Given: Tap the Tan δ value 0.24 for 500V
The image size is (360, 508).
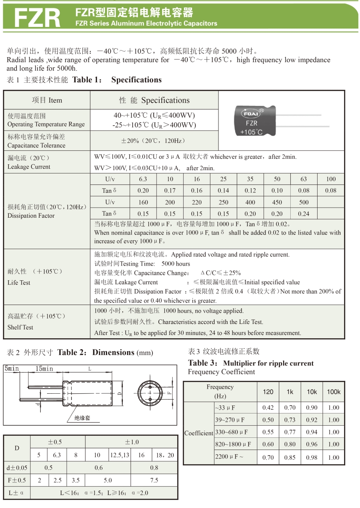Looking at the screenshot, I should pyautogui.click(x=303, y=213).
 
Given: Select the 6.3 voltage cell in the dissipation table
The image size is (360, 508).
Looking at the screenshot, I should pyautogui.click(x=143, y=179).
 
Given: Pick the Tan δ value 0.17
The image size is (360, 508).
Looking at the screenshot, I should pyautogui.click(x=170, y=190).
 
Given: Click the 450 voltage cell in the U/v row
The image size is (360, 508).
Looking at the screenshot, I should pyautogui.click(x=277, y=202).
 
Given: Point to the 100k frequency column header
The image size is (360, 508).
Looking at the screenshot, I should pyautogui.click(x=334, y=392).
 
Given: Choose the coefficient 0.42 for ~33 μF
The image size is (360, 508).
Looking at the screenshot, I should pyautogui.click(x=268, y=407).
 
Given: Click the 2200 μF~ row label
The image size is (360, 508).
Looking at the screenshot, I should pyautogui.click(x=229, y=457).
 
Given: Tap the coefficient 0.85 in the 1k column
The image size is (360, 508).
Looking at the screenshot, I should pyautogui.click(x=290, y=457).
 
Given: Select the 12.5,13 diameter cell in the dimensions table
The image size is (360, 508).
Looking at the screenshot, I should pyautogui.click(x=120, y=455).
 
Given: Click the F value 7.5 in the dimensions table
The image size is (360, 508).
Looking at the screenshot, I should pyautogui.click(x=154, y=480).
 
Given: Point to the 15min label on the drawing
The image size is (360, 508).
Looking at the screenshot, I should pyautogui.click(x=44, y=368).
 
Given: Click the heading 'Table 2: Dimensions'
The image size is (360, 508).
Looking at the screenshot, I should pyautogui.click(x=105, y=352).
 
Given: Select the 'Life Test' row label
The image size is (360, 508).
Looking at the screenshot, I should pyautogui.click(x=19, y=282).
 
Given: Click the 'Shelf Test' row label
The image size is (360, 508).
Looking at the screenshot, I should pyautogui.click(x=20, y=327).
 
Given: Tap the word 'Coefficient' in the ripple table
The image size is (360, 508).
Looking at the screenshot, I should pyautogui.click(x=199, y=433).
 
